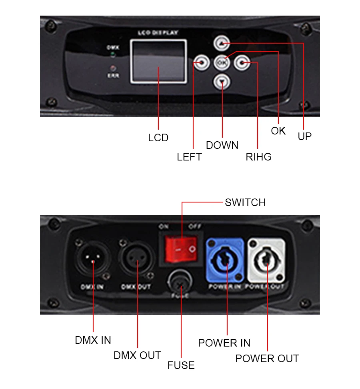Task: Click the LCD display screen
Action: tap(158, 61)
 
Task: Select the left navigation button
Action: tap(201, 62)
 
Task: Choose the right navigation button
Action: tap(242, 62)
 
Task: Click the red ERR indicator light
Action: tap(113, 68)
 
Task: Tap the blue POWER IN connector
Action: tap(225, 260)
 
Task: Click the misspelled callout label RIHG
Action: tap(258, 157)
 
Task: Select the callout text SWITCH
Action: tap(245, 203)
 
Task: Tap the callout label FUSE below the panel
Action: tap(181, 365)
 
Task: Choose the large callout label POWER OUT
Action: tap(267, 359)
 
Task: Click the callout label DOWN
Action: tap(222, 145)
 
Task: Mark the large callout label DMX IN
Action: tap(93, 340)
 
